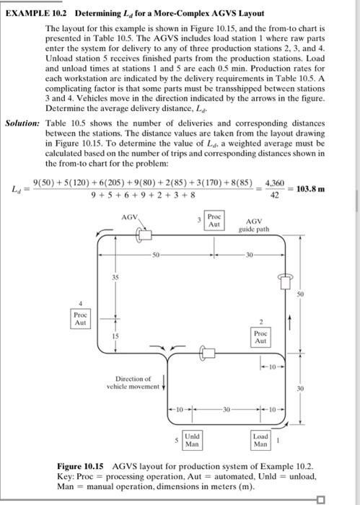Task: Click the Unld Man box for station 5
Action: tap(192, 440)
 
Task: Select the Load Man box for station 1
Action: tap(260, 440)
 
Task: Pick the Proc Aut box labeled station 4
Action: tap(81, 319)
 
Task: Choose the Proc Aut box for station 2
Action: tap(261, 338)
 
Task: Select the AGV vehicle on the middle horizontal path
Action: tap(208, 353)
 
